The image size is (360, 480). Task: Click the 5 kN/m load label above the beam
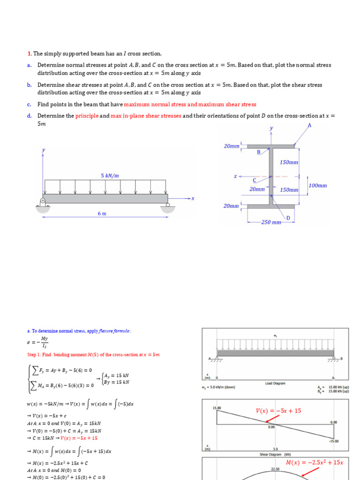[x=110, y=176]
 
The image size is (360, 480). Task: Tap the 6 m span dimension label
[x=102, y=214]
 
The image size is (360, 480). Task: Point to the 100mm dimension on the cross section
[x=318, y=186]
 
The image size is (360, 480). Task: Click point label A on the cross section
[x=309, y=125]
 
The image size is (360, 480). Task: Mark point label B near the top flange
[x=258, y=152]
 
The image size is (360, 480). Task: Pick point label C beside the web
[x=255, y=180]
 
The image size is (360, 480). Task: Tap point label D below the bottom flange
[x=288, y=218]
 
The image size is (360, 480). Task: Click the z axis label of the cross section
[x=235, y=177]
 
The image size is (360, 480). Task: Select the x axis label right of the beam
[x=192, y=199]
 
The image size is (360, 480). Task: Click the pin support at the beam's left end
[x=43, y=202]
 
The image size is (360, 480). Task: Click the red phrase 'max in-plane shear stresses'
[x=146, y=116]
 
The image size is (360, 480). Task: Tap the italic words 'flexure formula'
[x=114, y=331]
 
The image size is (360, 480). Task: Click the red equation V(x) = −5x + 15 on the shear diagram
[x=278, y=411]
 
